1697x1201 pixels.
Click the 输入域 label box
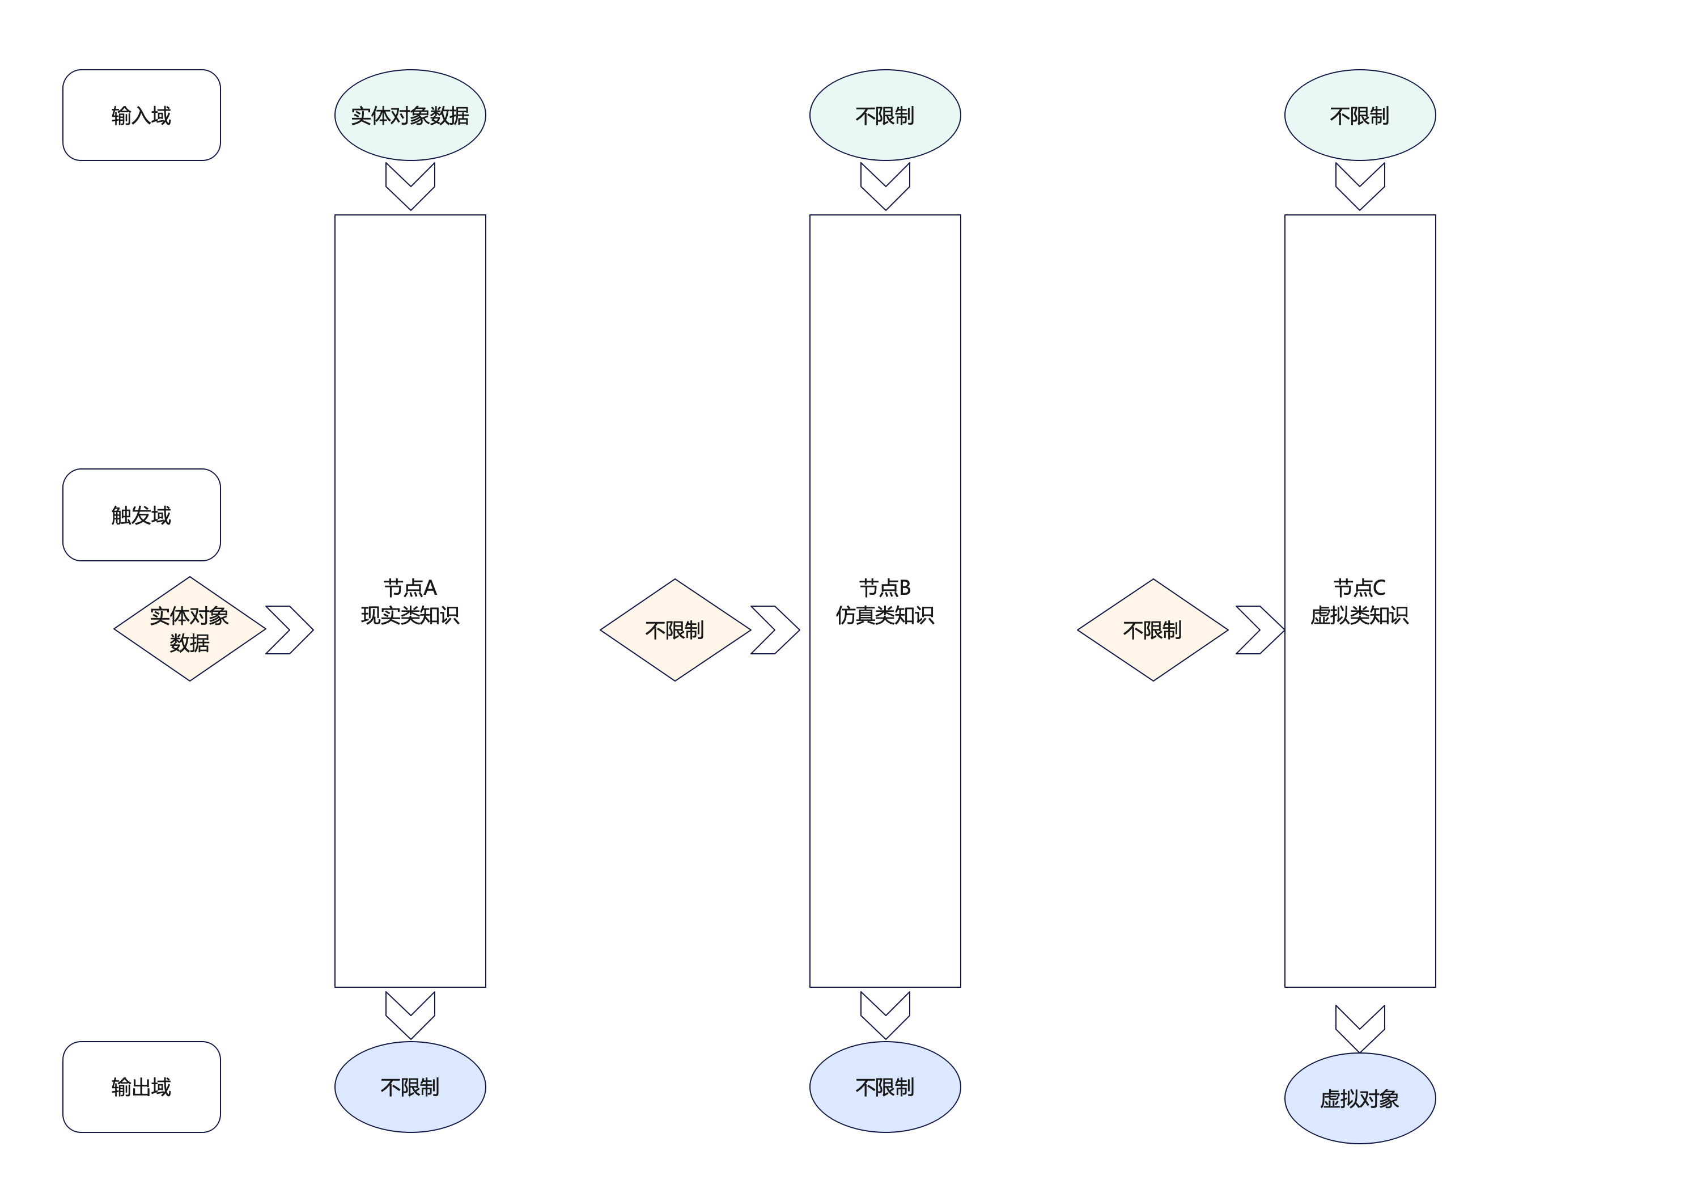[x=141, y=115]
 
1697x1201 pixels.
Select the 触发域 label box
[x=141, y=515]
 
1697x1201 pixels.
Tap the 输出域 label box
[x=141, y=1086]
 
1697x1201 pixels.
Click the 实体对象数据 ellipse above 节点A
[x=410, y=115]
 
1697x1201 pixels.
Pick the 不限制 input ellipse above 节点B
[x=885, y=115]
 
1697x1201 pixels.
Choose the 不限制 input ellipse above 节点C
[x=1359, y=115]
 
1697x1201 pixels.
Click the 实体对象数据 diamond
[x=190, y=629]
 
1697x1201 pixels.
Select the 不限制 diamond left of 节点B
[x=675, y=630]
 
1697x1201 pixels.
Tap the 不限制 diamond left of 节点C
[x=1152, y=630]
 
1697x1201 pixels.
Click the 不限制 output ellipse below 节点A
[x=410, y=1086]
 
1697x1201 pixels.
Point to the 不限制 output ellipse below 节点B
[x=885, y=1086]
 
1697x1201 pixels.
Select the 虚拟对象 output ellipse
[x=1359, y=1098]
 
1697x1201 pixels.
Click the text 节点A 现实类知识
[x=410, y=601]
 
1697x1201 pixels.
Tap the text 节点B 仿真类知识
[x=885, y=601]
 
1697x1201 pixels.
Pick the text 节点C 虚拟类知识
[x=1359, y=601]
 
